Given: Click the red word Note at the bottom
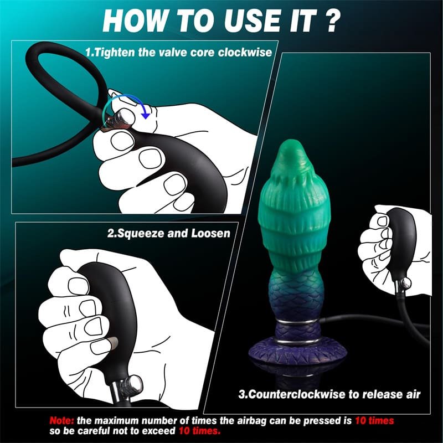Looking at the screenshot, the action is pos(61,421).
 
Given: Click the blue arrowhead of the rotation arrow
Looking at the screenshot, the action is pos(146,115).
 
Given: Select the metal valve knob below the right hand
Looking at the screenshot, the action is pos(404,282).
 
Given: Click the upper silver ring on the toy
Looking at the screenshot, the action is pos(297,323).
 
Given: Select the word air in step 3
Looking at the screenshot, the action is pos(413,394).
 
